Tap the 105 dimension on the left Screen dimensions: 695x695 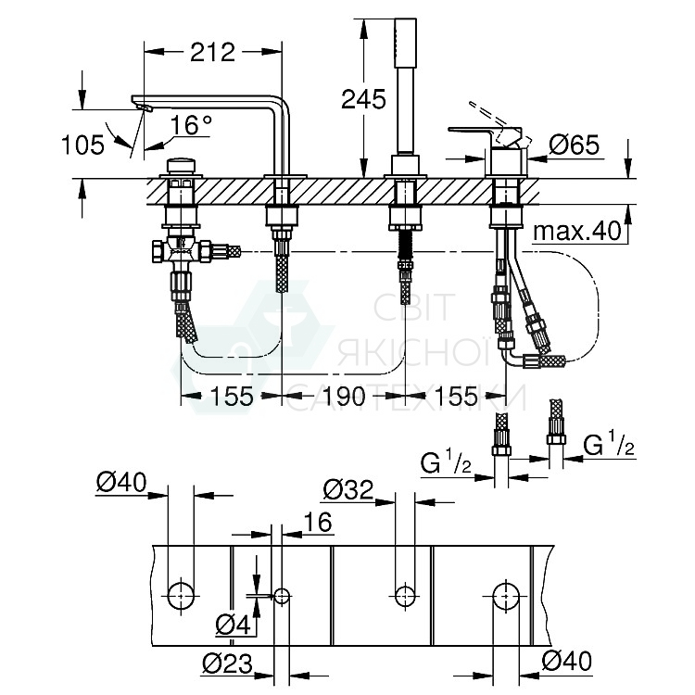click(81, 144)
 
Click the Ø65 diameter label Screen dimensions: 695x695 click(575, 144)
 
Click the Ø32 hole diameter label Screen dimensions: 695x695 click(348, 487)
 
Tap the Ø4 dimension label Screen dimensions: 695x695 click(234, 626)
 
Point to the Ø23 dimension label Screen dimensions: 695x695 click(225, 663)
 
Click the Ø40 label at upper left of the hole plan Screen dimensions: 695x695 click(121, 481)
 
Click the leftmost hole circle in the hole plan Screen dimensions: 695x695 click(182, 594)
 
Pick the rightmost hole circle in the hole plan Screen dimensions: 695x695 click(505, 594)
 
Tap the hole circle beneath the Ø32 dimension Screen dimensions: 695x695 click(403, 594)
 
